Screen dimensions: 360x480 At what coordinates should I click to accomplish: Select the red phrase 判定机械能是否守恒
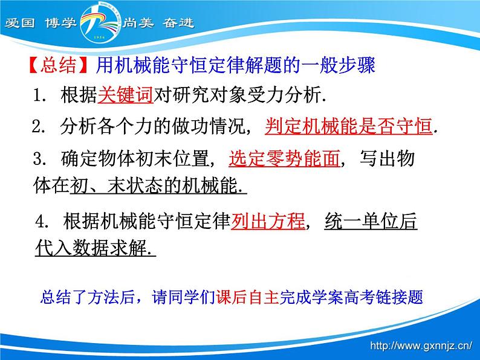coord(349,127)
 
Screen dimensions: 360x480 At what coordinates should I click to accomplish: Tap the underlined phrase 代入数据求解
coord(94,249)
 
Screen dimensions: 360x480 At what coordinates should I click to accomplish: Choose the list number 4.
coord(41,222)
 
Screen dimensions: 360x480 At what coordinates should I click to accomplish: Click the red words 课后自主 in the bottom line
coord(238,298)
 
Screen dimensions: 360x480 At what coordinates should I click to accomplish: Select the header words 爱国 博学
coord(42,24)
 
